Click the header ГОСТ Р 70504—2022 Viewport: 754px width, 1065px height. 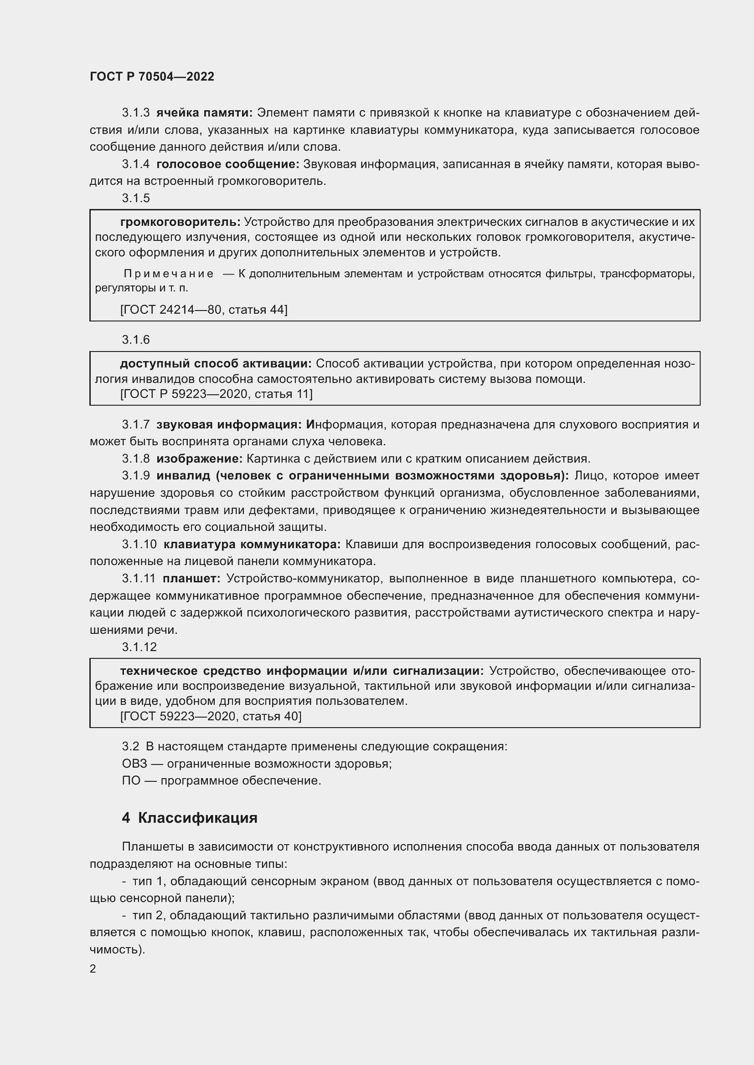(152, 76)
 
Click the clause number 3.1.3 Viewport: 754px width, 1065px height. (135, 113)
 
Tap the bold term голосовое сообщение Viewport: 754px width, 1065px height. (228, 164)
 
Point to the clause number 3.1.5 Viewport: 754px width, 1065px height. (135, 198)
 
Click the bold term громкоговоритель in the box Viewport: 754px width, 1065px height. (180, 222)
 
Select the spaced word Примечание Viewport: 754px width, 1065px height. (169, 274)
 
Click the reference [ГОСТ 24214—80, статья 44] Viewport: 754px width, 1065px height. (204, 309)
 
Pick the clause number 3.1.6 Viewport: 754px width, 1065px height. (135, 340)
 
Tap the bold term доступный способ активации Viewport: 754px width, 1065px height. (216, 364)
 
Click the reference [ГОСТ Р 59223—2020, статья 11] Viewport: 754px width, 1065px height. (217, 394)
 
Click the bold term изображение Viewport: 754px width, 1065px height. (200, 459)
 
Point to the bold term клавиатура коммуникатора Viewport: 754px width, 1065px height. (252, 544)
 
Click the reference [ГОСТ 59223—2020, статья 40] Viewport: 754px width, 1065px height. (211, 716)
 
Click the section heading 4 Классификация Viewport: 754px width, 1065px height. (190, 817)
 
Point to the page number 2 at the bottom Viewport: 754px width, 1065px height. (93, 968)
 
